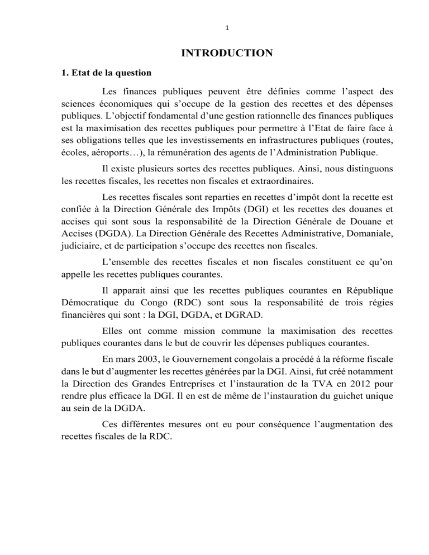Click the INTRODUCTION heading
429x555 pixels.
[226, 54]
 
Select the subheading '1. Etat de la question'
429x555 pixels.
[108, 73]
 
